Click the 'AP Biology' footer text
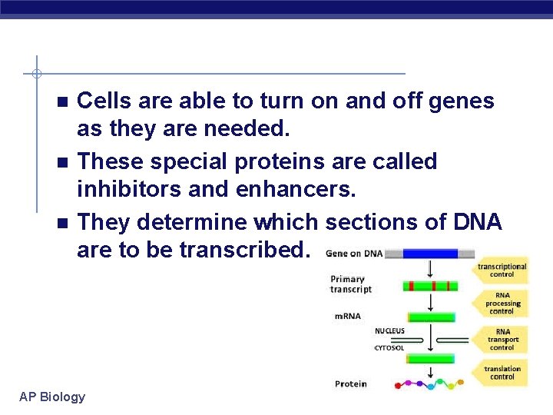pyautogui.click(x=52, y=397)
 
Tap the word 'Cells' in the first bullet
pyautogui.click(x=103, y=101)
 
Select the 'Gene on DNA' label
pyautogui.click(x=354, y=253)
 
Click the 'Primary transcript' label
pyautogui.click(x=351, y=284)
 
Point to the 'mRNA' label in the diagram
pyautogui.click(x=347, y=316)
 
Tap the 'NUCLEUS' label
pyautogui.click(x=389, y=331)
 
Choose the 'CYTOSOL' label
pyautogui.click(x=389, y=348)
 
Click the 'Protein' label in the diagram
pyautogui.click(x=350, y=383)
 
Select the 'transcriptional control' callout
pyautogui.click(x=502, y=271)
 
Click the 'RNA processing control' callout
pyautogui.click(x=502, y=304)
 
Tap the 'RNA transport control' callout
pyautogui.click(x=502, y=340)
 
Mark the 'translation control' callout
pyautogui.click(x=502, y=373)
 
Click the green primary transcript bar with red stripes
pyautogui.click(x=430, y=286)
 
